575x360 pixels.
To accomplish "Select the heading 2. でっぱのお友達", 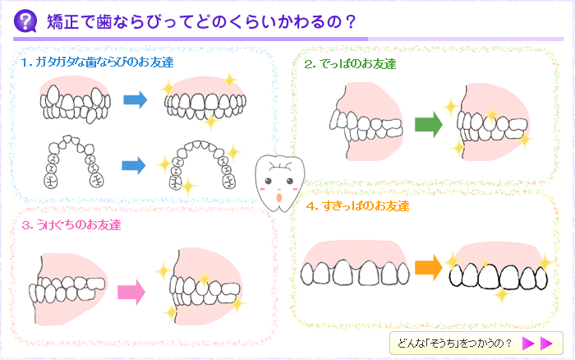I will tap(350, 64).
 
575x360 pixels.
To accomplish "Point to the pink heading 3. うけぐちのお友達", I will tap(72, 224).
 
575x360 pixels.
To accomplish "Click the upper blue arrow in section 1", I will tap(135, 101).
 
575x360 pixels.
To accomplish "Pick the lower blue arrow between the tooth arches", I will tap(133, 166).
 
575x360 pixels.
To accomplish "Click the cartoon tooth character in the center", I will tap(280, 181).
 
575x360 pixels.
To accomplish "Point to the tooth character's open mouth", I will tap(280, 196).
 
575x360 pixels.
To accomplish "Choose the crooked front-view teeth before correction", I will tap(75, 104).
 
